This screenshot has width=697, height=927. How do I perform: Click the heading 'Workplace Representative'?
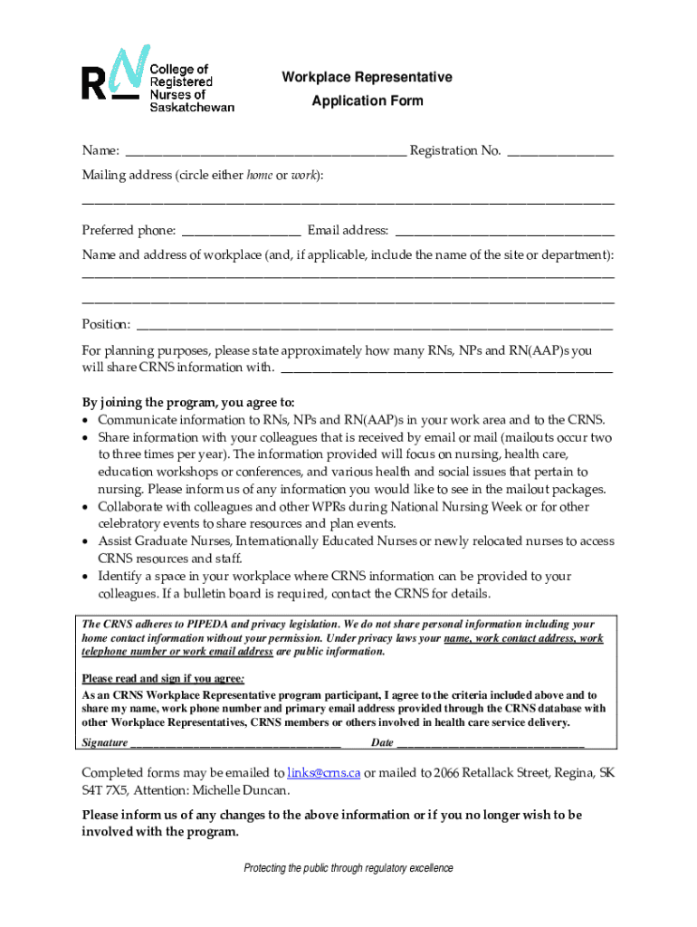click(x=367, y=78)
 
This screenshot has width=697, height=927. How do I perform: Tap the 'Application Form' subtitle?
click(x=367, y=101)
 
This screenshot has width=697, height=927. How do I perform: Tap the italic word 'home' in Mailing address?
click(x=260, y=176)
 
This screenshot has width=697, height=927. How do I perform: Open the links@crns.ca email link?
click(x=324, y=774)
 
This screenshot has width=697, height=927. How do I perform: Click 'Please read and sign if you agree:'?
click(x=164, y=679)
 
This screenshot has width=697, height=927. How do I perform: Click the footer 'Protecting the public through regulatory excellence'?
click(x=348, y=869)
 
